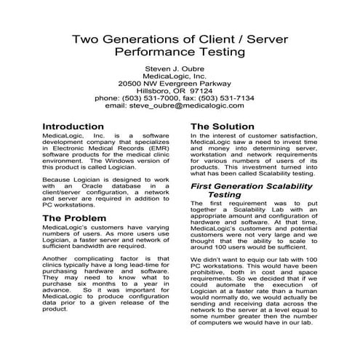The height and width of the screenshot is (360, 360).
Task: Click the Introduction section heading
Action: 78,125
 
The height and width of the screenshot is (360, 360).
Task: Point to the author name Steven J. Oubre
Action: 180,70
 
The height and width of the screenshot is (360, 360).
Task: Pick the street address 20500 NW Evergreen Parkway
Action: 180,79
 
